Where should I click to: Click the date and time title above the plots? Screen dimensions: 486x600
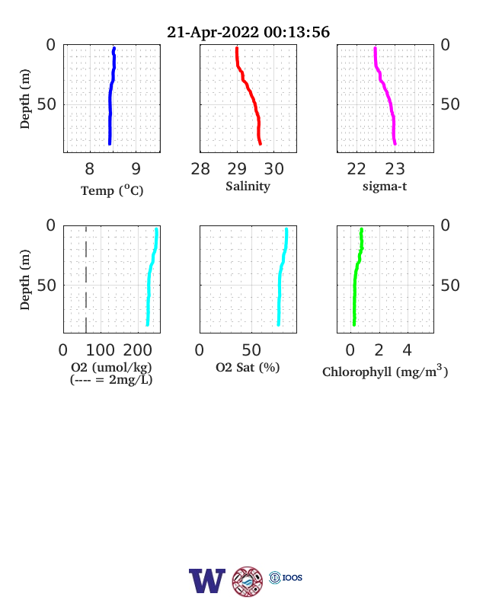[248, 32]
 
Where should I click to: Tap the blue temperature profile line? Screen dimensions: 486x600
[110, 96]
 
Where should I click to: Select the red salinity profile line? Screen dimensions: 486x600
[251, 96]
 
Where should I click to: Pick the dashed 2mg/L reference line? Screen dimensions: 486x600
[86, 279]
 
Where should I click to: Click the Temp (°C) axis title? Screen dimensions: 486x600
[112, 190]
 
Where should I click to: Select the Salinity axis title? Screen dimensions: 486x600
[248, 187]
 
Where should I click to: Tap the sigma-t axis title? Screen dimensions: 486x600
[385, 187]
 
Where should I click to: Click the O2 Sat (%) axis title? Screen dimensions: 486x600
[248, 367]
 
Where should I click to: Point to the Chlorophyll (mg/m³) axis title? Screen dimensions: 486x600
[385, 371]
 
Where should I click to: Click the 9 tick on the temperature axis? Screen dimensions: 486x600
[136, 169]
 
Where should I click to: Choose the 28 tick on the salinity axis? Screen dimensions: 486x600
[200, 169]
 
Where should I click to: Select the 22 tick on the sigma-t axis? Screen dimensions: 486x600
[357, 169]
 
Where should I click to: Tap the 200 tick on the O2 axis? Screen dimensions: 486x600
[137, 350]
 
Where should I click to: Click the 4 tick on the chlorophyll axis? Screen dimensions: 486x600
[408, 350]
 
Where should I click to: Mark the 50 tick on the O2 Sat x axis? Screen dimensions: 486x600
[251, 350]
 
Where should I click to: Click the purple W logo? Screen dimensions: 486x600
[207, 581]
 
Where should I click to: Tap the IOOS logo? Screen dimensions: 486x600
[286, 577]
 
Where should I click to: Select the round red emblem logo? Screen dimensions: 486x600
[248, 581]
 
